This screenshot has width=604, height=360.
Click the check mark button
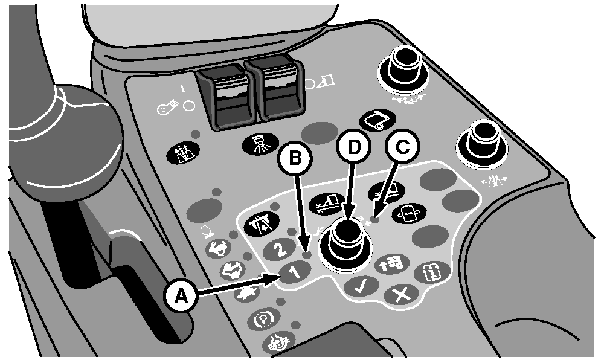[361, 286]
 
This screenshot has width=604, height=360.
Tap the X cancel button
[400, 295]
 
